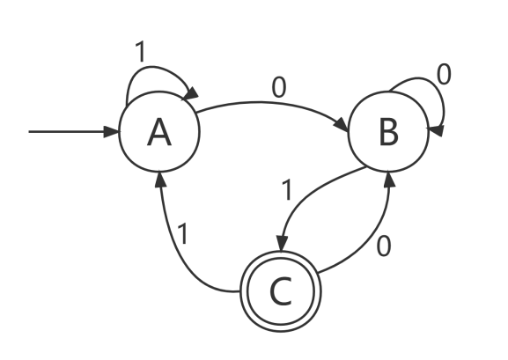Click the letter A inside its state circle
[x=159, y=132]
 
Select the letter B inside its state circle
[x=389, y=132]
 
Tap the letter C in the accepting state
[x=281, y=291]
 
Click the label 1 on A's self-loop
[x=141, y=52]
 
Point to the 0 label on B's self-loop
[x=444, y=74]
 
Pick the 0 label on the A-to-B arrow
[x=279, y=88]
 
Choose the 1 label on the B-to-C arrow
[x=287, y=190]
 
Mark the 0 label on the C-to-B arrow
[x=384, y=246]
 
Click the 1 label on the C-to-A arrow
[x=183, y=233]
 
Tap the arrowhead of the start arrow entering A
[x=112, y=132]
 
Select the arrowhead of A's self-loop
[x=191, y=93]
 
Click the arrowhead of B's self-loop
[x=436, y=130]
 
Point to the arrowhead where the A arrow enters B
[x=342, y=125]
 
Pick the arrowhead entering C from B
[x=282, y=244]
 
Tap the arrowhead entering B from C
[x=389, y=180]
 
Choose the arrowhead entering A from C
[x=160, y=180]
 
